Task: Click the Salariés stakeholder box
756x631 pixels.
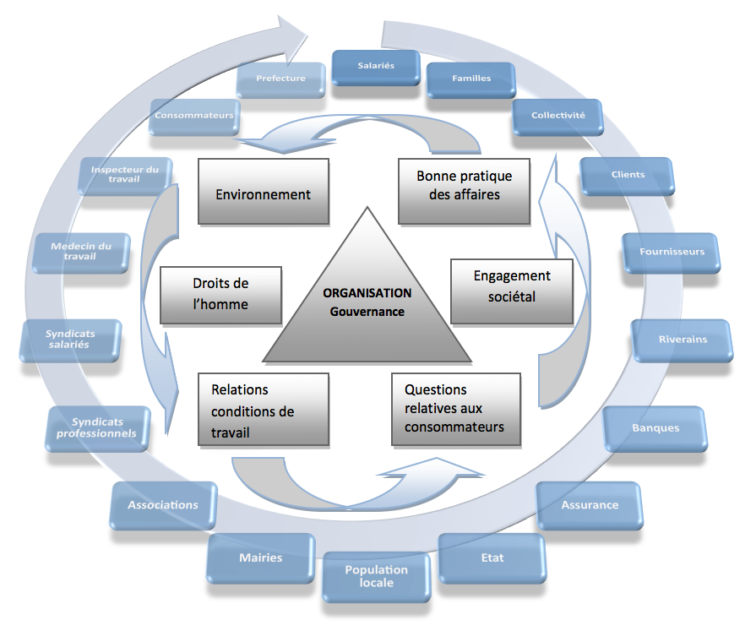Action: (x=376, y=68)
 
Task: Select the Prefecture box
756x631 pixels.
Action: (x=280, y=79)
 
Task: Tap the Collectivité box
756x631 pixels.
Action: (x=557, y=117)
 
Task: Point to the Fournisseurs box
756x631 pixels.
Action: (x=672, y=253)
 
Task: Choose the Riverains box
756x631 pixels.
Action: (x=683, y=340)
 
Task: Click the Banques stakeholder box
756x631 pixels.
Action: (x=655, y=429)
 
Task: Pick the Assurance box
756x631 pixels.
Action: (x=590, y=506)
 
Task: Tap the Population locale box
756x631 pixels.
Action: (x=376, y=577)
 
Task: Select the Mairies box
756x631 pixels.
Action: (x=260, y=558)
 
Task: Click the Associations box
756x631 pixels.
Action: (x=163, y=506)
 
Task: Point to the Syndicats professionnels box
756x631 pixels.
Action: (x=97, y=428)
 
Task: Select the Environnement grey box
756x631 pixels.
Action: (x=264, y=192)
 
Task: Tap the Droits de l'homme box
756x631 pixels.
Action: (x=220, y=295)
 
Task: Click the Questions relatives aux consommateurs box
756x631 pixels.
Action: (x=456, y=409)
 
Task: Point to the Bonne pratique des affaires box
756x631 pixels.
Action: (x=465, y=192)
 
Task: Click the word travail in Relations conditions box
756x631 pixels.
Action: (x=230, y=432)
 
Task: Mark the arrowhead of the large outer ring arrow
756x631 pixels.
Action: (x=307, y=35)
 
